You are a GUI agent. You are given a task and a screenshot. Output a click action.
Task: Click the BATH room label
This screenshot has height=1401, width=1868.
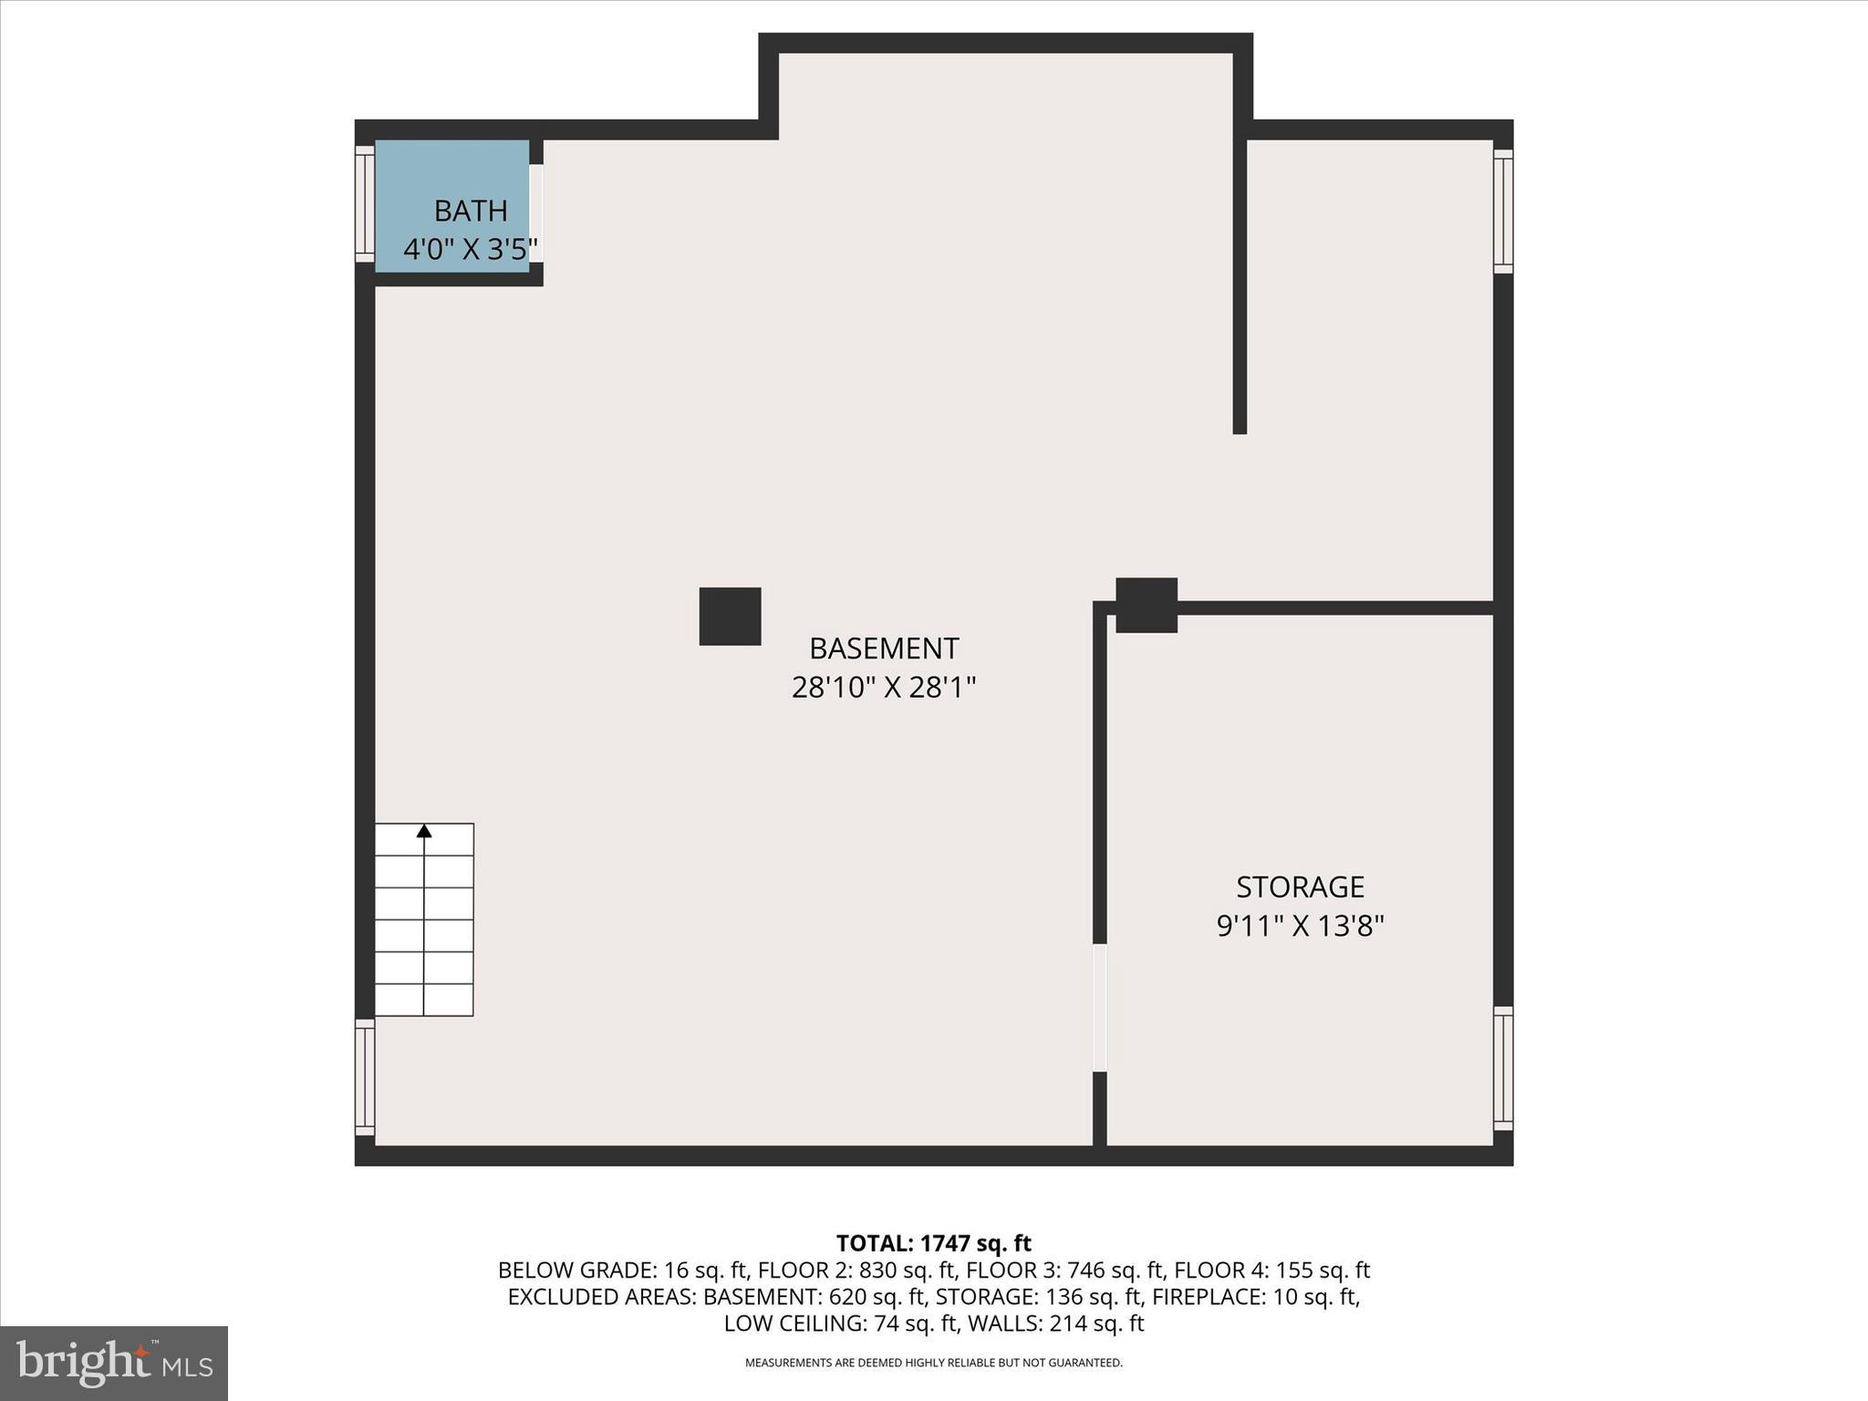[470, 211]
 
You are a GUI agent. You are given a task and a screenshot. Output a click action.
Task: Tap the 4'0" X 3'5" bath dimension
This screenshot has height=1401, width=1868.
[470, 249]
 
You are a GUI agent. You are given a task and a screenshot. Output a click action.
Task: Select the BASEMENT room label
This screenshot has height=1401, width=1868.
[884, 649]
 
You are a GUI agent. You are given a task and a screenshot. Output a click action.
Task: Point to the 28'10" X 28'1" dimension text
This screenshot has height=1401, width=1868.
[884, 687]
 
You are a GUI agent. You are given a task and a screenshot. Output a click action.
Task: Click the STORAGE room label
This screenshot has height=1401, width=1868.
[1300, 887]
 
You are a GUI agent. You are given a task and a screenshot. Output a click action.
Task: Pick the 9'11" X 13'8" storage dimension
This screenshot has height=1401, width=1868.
[1300, 926]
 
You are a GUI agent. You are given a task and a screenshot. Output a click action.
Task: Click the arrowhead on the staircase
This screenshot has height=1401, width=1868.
[424, 831]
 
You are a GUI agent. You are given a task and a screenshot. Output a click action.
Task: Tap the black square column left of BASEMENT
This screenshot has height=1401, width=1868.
[730, 617]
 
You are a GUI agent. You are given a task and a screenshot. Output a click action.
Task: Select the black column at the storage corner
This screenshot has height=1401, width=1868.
[1147, 605]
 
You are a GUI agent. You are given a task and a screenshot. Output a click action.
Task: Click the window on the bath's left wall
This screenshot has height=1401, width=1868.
[365, 204]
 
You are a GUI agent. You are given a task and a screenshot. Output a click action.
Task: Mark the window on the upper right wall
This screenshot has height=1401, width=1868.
[1503, 211]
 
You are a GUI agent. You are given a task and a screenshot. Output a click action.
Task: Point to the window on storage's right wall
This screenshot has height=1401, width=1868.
[1503, 1068]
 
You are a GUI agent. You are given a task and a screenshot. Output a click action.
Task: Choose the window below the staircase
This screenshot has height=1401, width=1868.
[365, 1077]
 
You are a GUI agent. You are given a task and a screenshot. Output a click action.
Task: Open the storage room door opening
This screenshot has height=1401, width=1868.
[1100, 1008]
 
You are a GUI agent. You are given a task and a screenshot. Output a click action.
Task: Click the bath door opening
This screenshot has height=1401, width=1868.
[536, 213]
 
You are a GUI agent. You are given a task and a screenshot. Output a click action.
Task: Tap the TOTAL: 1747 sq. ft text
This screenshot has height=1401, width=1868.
[933, 1243]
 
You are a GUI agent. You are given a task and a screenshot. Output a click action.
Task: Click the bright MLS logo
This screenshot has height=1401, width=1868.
[114, 1364]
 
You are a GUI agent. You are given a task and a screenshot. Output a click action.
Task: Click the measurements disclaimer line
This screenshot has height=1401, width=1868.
[933, 1363]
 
